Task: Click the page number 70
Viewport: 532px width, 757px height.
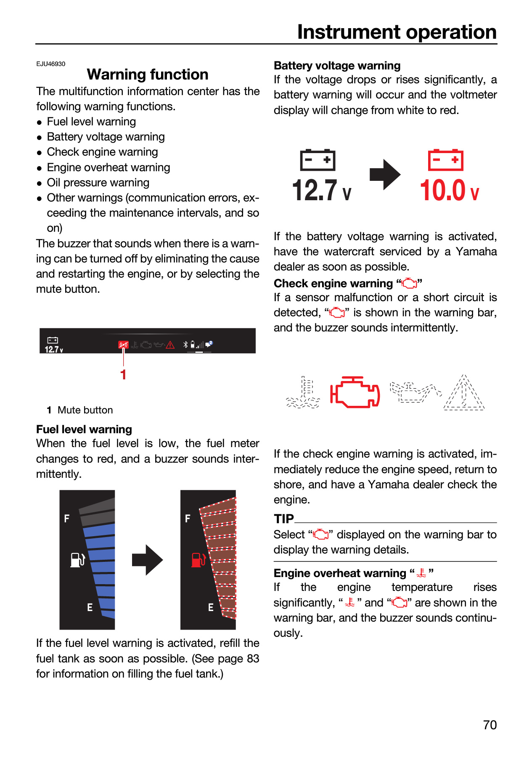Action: point(490,725)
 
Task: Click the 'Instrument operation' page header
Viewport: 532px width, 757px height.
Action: point(397,32)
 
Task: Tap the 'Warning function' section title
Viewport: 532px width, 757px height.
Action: point(148,74)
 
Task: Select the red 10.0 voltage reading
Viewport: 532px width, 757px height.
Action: point(449,190)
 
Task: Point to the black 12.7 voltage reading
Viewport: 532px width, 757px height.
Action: point(322,190)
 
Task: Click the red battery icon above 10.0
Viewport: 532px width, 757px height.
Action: point(445,160)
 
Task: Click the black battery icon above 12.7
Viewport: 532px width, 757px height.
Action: point(318,160)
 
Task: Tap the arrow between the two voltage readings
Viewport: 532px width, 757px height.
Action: point(385,175)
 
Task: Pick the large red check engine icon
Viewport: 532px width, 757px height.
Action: point(355,392)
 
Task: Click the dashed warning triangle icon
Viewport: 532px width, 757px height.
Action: point(464,392)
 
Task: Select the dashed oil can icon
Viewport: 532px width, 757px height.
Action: point(416,392)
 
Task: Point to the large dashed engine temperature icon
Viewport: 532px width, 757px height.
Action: point(303,392)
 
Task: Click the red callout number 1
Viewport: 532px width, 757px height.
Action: point(123,375)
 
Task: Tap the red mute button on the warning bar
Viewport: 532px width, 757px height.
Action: point(123,345)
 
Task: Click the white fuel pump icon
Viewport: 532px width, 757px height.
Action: point(78,560)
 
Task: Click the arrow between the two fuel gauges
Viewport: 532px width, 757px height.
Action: point(148,560)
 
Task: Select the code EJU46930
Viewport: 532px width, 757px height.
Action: point(51,64)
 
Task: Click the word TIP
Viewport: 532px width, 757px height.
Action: point(284,519)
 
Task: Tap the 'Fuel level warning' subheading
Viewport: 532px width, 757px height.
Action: point(84,429)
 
